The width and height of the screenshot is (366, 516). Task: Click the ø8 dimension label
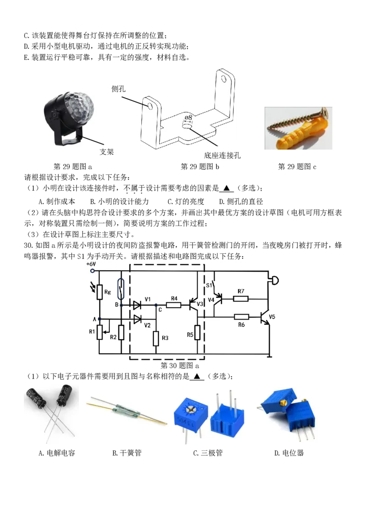pos(188,117)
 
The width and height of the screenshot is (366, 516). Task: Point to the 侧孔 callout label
pos(118,89)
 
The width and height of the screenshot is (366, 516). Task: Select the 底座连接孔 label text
pos(222,155)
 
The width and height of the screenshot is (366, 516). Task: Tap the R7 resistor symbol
pos(241,299)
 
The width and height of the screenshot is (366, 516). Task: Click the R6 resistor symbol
pos(242,317)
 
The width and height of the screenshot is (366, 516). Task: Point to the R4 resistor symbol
pos(173,305)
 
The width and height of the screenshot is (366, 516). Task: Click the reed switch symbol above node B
pos(121,289)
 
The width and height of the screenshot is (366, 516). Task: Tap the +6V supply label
pos(91,264)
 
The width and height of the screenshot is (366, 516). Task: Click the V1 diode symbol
pos(137,305)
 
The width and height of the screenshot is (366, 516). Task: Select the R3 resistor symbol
pos(156,338)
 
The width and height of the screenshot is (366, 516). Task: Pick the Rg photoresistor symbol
pos(99,292)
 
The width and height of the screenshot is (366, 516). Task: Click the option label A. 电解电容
pos(57,453)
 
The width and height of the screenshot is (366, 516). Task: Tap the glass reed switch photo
pos(127,410)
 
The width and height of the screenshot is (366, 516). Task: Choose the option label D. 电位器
pos(289,453)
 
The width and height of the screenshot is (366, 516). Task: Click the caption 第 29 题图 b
pos(200,167)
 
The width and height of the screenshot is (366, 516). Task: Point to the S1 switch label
pos(209,285)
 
